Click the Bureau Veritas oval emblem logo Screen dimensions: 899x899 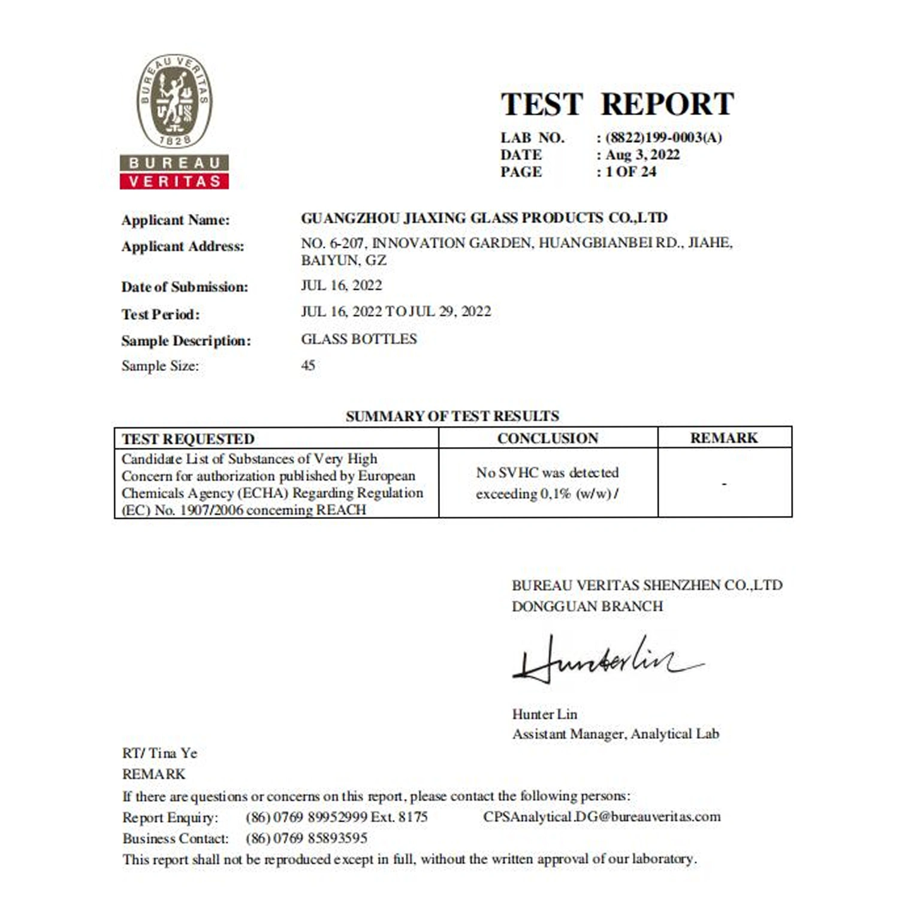point(174,101)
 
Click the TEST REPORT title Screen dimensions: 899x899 point(617,104)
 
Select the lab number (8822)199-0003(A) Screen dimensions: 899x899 point(663,138)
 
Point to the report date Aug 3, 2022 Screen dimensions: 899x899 point(642,155)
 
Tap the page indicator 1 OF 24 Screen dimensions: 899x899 point(630,172)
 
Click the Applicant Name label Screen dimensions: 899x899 point(176,220)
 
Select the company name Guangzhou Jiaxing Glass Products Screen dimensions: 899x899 point(484,218)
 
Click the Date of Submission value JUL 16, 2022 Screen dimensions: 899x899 point(341,285)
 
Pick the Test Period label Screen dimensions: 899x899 point(161,314)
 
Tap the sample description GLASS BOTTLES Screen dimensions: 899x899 point(359,339)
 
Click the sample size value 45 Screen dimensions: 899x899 point(308,365)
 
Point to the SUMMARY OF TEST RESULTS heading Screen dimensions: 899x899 point(452,416)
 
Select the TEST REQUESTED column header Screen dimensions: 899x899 point(188,439)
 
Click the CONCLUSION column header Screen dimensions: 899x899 point(548,438)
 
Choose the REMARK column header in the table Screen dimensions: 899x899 point(724,438)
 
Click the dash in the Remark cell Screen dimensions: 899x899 point(725,484)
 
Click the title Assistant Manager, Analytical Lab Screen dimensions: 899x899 point(616,734)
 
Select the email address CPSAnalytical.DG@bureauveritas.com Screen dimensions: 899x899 point(602,816)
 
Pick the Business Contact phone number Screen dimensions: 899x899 point(306,838)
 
